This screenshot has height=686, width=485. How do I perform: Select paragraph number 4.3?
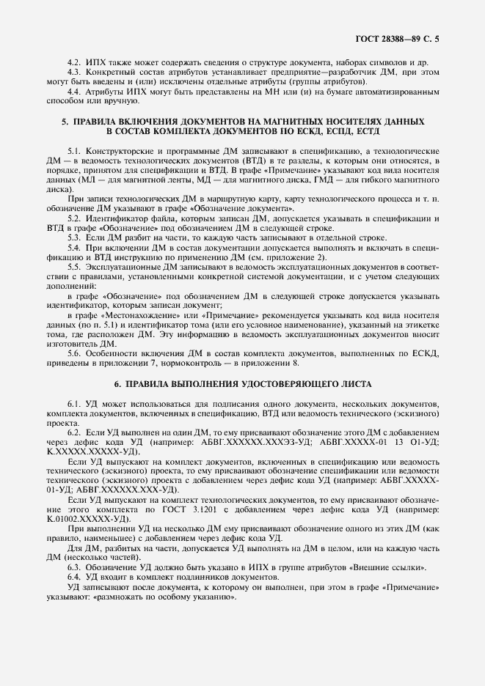74,73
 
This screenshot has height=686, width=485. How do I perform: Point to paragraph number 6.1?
74,404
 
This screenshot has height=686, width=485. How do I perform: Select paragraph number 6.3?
74,567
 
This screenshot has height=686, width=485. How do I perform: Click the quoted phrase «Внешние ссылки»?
401,567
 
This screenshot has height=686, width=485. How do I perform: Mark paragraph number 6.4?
74,577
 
